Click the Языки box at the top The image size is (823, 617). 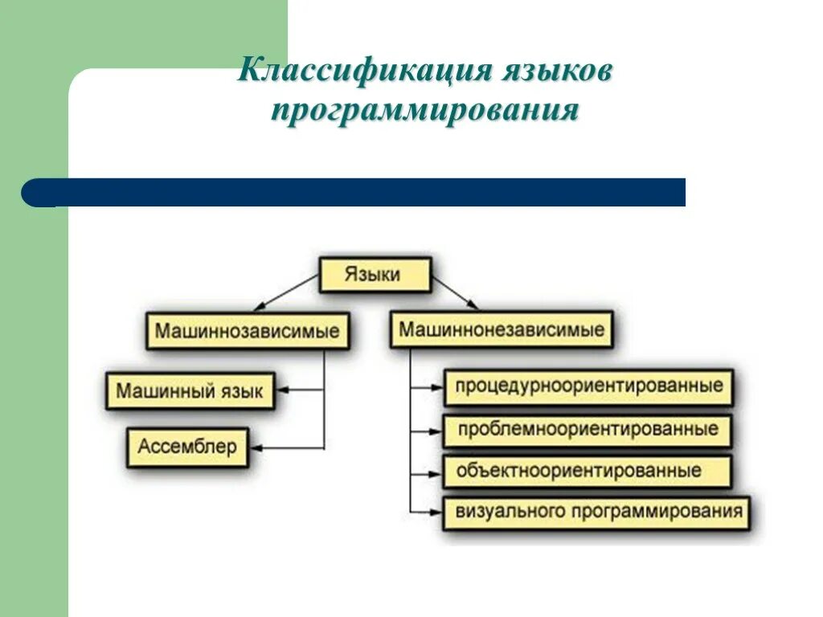(375, 275)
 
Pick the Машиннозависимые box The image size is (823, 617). (248, 331)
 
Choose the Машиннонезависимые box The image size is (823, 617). (502, 329)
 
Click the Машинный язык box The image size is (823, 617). (190, 391)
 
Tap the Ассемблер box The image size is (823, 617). (187, 447)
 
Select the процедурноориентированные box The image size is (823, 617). (588, 386)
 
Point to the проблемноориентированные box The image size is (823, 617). (588, 430)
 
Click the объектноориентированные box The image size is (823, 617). (587, 471)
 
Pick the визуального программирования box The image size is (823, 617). (596, 512)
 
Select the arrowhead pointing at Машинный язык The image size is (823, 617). (282, 391)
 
